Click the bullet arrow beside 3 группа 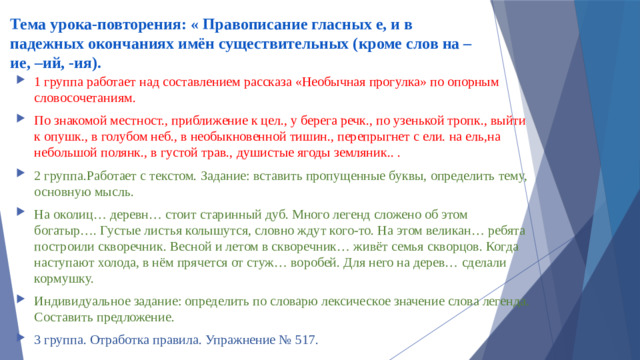click(x=22, y=340)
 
